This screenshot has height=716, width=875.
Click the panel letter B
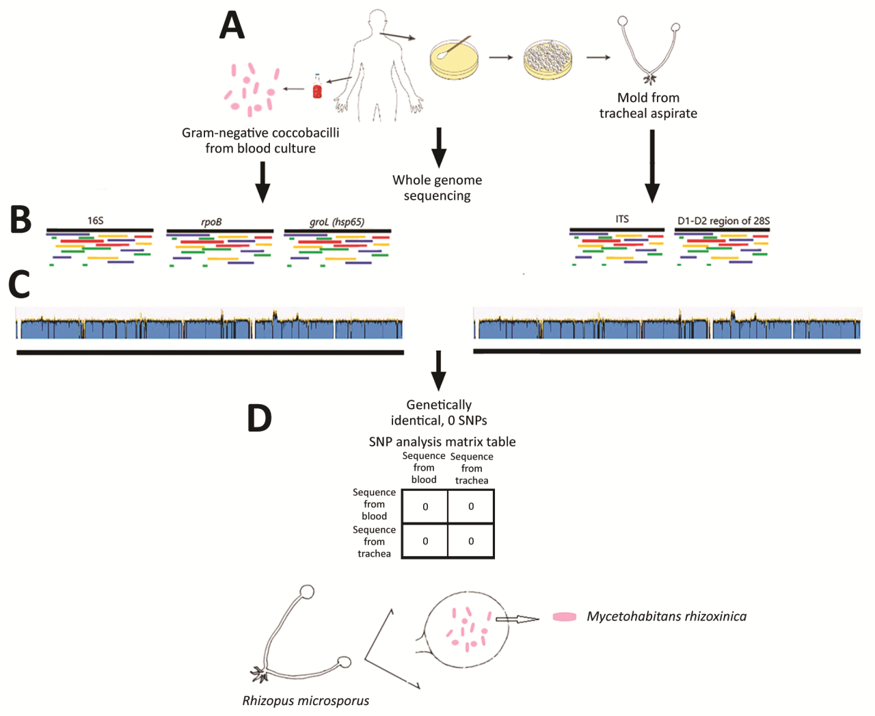tap(21, 220)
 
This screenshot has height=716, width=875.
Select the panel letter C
tap(19, 284)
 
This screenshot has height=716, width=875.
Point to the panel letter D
tap(259, 418)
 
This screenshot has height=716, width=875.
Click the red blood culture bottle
tap(317, 87)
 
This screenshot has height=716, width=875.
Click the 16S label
tap(95, 221)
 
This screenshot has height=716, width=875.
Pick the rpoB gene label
tap(211, 222)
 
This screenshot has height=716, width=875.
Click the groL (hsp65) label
tap(337, 222)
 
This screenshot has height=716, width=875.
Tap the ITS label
tap(621, 219)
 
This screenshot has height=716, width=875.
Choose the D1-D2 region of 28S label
tap(723, 221)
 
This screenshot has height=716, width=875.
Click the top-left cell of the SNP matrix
tap(425, 507)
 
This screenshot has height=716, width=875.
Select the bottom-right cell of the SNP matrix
tap(470, 541)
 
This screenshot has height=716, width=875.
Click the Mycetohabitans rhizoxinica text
tap(666, 616)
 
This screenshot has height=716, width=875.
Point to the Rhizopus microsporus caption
tap(306, 700)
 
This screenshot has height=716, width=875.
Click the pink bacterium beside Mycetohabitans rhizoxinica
tap(564, 617)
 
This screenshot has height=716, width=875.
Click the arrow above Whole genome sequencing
tap(439, 146)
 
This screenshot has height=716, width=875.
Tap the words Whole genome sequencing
tap(437, 188)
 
